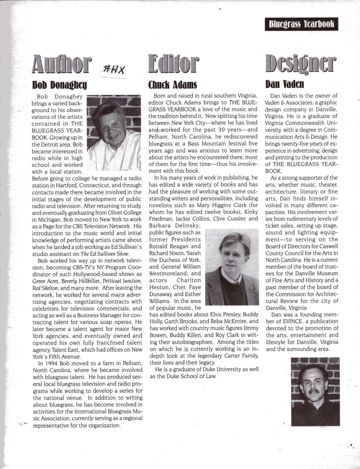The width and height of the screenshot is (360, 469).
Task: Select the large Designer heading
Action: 301,65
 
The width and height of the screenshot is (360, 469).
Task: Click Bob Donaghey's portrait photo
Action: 114,133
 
